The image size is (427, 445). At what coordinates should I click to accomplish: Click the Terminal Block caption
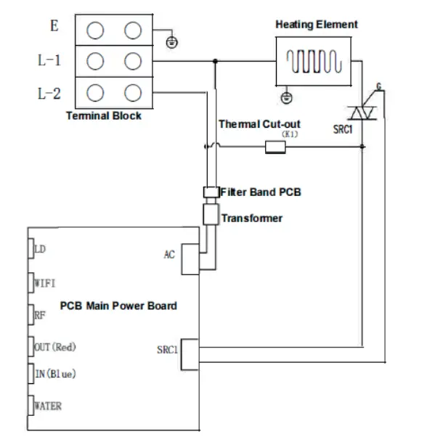[104, 115]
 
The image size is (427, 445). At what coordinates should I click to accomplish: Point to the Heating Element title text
[316, 25]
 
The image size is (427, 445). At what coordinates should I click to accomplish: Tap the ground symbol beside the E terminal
[171, 41]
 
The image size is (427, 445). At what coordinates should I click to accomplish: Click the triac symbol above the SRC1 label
[362, 111]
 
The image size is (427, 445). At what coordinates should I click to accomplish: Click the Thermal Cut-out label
[259, 124]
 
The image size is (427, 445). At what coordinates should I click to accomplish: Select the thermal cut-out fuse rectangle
[275, 148]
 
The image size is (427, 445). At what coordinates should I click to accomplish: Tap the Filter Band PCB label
[260, 192]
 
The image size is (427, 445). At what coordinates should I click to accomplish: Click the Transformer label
[252, 218]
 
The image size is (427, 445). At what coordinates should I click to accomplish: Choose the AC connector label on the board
[169, 255]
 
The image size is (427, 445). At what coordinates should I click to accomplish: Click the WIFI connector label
[45, 282]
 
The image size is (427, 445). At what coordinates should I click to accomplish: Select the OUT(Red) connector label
[55, 347]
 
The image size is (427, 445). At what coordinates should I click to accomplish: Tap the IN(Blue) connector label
[55, 374]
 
